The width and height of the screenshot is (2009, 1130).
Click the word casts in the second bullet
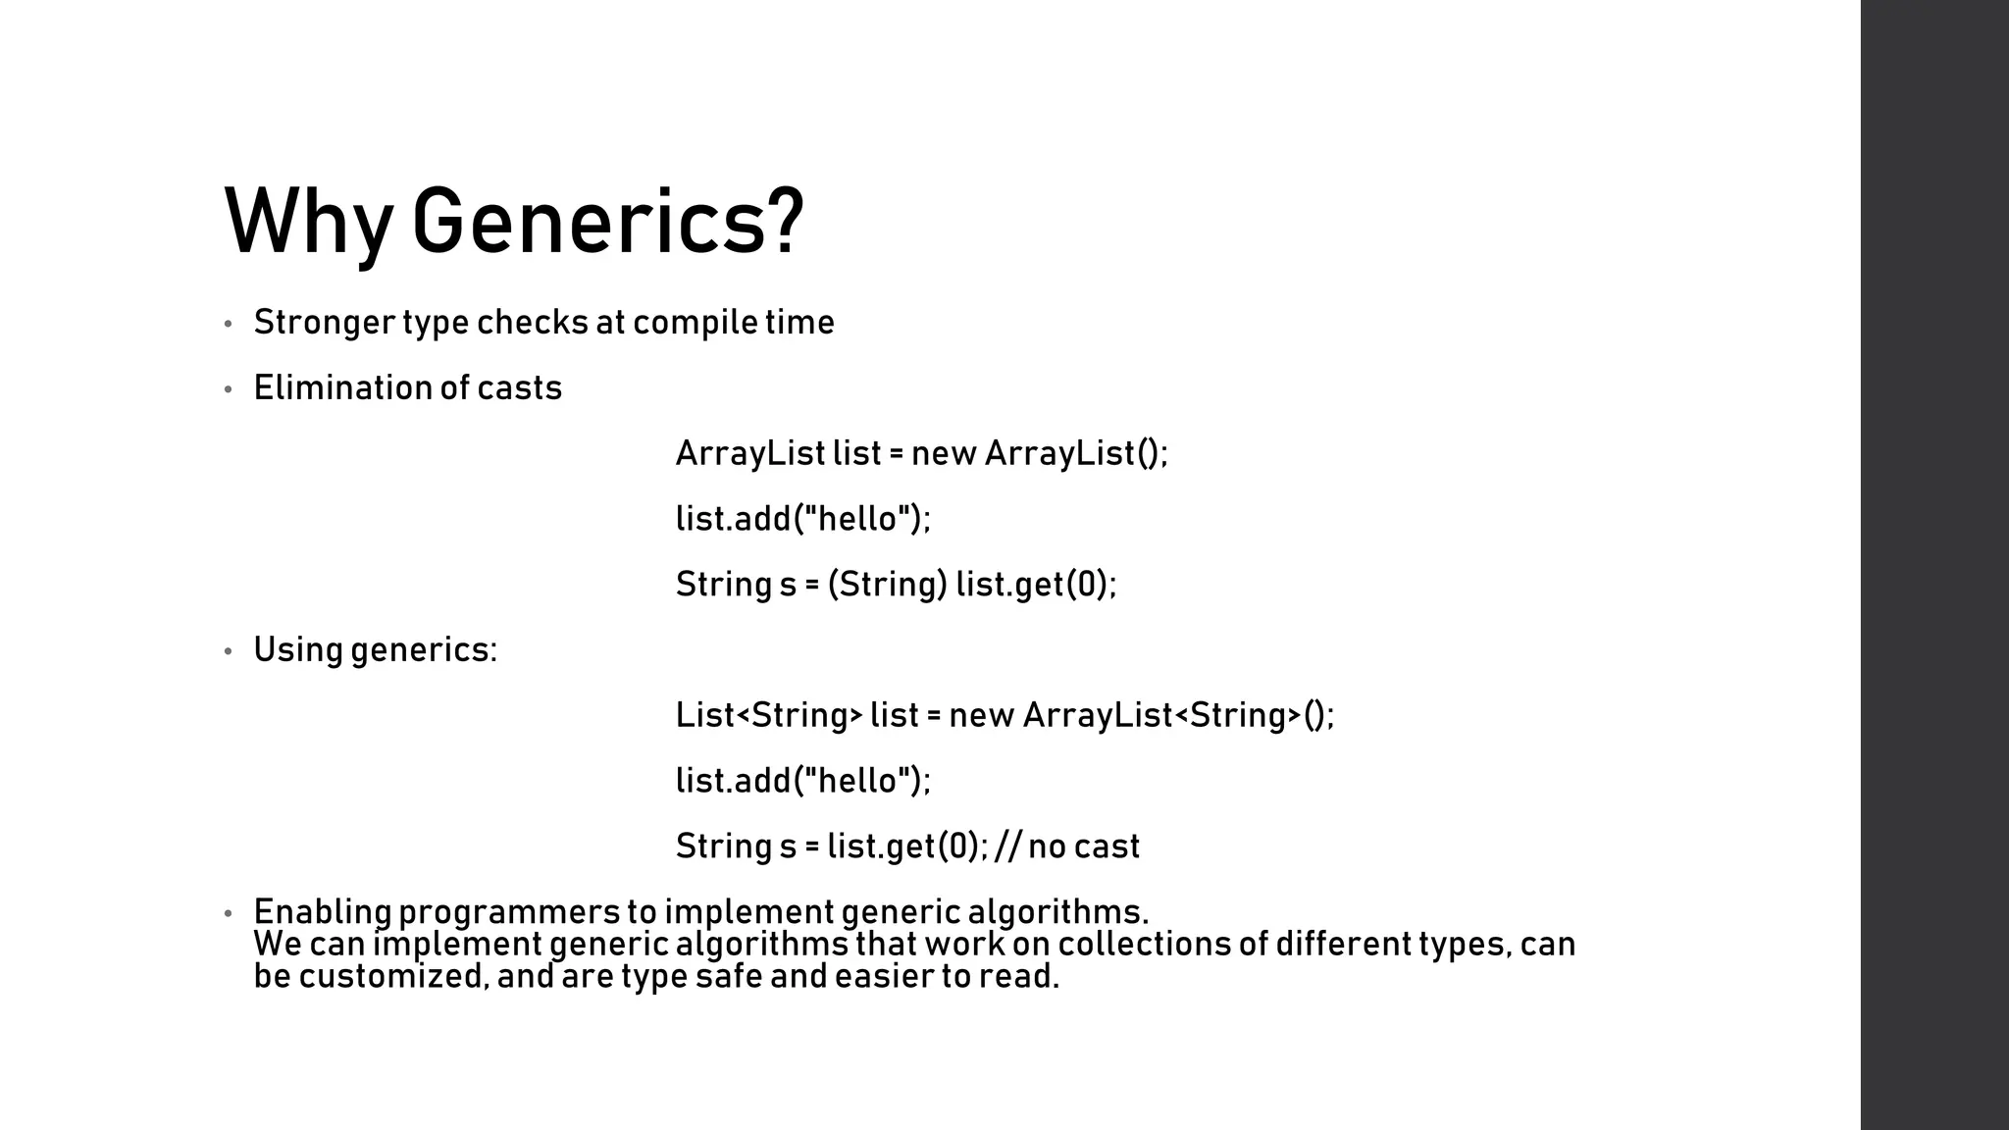(519, 388)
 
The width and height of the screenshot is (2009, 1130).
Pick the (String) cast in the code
(887, 585)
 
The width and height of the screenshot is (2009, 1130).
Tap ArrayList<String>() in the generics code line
(1178, 715)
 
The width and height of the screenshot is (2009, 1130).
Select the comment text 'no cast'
(1083, 847)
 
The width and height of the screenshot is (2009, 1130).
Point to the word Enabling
(322, 912)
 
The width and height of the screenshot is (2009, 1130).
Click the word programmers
(509, 912)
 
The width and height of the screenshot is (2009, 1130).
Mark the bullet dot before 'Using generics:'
(229, 651)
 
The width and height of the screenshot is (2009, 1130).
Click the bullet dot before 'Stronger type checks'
(229, 324)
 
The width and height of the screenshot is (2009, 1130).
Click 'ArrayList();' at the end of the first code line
(1076, 454)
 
